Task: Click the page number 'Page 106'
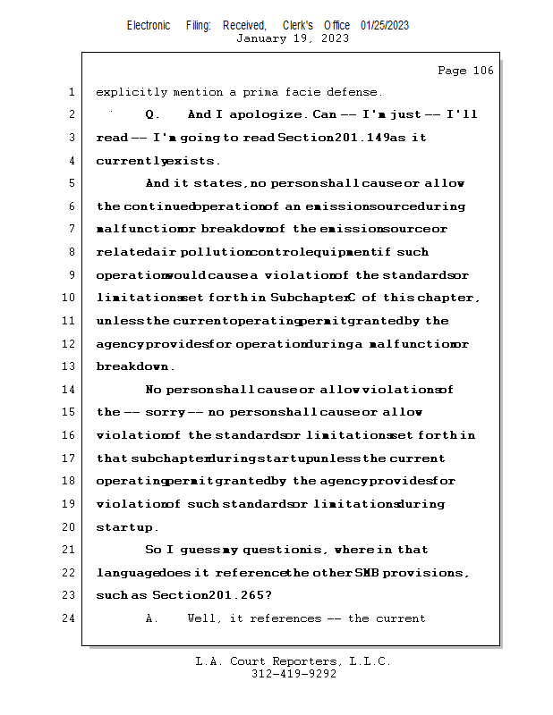click(x=465, y=71)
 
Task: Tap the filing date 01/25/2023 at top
click(x=385, y=25)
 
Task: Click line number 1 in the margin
click(x=70, y=92)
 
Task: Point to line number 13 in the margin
click(x=68, y=366)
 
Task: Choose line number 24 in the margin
click(x=68, y=618)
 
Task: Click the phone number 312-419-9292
click(x=294, y=675)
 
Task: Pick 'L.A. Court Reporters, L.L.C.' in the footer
click(x=293, y=662)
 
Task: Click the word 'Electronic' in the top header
click(x=149, y=25)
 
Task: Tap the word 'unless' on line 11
click(x=120, y=321)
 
